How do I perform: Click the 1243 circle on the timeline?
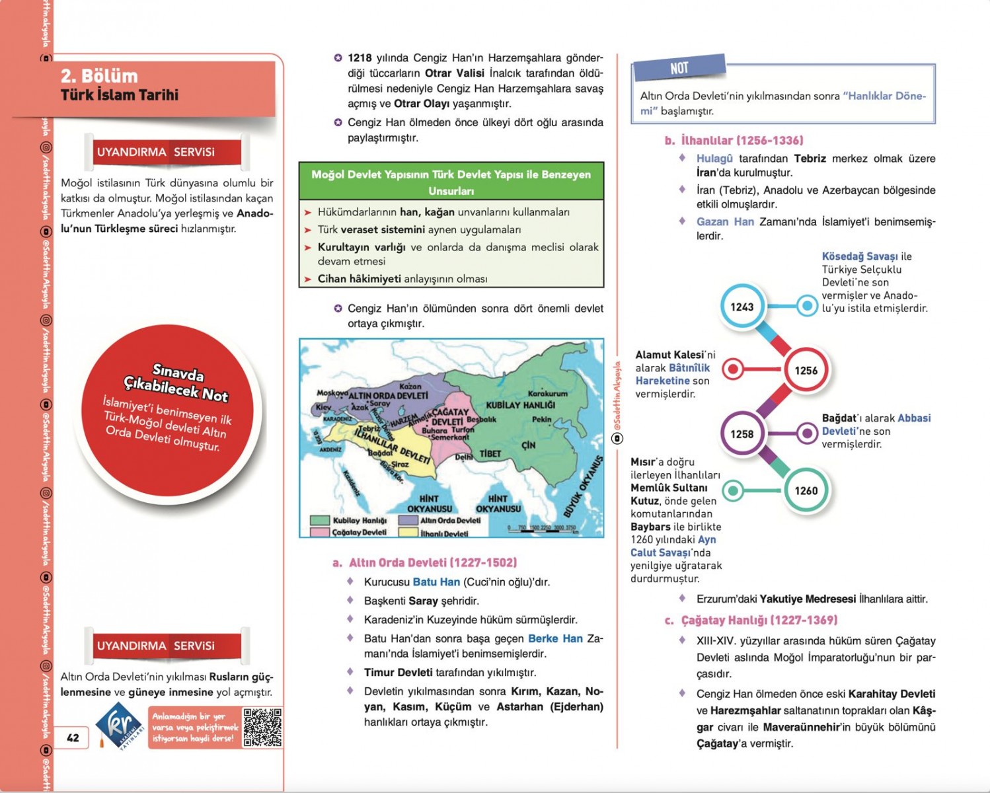pyautogui.click(x=742, y=307)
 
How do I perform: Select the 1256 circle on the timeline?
pyautogui.click(x=806, y=370)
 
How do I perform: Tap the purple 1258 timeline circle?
pyautogui.click(x=742, y=434)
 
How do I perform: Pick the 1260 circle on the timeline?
pyautogui.click(x=806, y=490)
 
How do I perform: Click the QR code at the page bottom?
pyautogui.click(x=262, y=727)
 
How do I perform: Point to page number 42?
pyautogui.click(x=73, y=737)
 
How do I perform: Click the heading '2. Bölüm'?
pyautogui.click(x=99, y=76)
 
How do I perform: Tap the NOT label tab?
pyautogui.click(x=679, y=68)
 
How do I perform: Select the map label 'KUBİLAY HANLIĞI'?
pyautogui.click(x=520, y=405)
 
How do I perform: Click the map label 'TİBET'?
pyautogui.click(x=490, y=453)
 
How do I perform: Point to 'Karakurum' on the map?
pyautogui.click(x=547, y=393)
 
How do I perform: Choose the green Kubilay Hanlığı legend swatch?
pyautogui.click(x=320, y=520)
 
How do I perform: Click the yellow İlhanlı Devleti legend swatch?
pyautogui.click(x=408, y=533)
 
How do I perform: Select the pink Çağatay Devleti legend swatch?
pyautogui.click(x=320, y=532)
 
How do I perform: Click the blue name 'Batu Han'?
pyautogui.click(x=436, y=582)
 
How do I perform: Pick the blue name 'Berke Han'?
pyautogui.click(x=555, y=638)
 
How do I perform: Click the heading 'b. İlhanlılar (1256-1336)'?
pyautogui.click(x=734, y=140)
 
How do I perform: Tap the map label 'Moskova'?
pyautogui.click(x=332, y=393)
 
